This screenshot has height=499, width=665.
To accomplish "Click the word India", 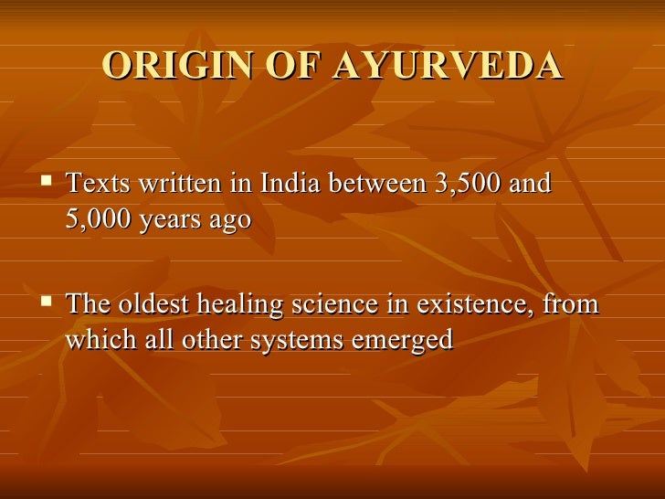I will coord(290,184).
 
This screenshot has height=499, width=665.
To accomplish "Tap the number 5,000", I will coord(98,222).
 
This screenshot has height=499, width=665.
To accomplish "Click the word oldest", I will coord(164,303).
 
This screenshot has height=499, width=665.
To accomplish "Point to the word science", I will coord(343,303).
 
